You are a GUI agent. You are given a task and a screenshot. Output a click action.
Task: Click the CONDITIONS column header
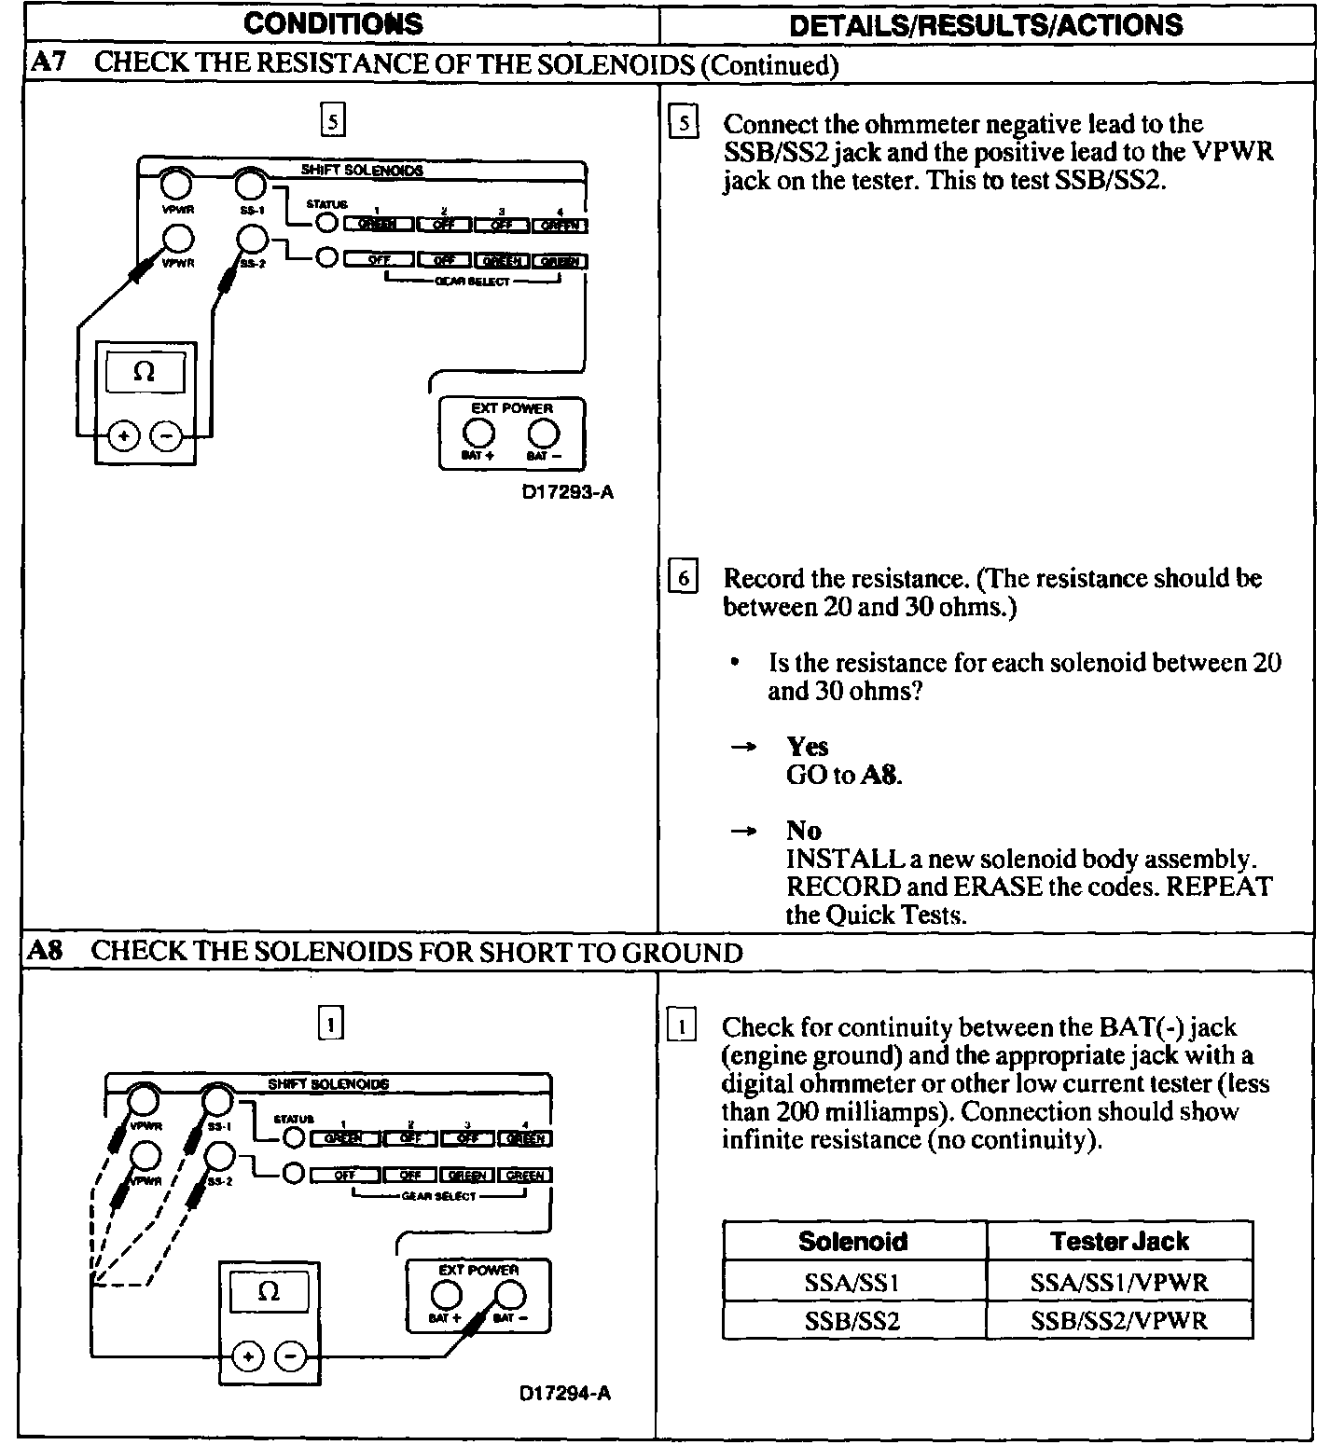point(333,23)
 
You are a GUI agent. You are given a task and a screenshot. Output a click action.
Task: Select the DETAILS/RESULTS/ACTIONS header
point(986,24)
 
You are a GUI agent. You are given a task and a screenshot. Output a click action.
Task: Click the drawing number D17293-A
point(567,492)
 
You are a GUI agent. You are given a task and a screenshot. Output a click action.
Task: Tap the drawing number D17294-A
point(565,1394)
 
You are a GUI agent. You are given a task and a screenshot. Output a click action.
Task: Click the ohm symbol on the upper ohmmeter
point(144,372)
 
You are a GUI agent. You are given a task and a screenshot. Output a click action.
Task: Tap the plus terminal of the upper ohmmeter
point(123,435)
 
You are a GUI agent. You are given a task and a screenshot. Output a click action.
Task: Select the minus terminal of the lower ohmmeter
point(292,1356)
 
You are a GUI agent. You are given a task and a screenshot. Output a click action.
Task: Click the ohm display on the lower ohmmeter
point(269,1292)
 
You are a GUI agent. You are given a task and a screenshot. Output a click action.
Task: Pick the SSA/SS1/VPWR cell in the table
point(1118,1282)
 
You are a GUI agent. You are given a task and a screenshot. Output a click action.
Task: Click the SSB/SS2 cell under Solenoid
point(853,1321)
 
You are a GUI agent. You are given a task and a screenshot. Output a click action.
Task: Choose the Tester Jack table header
point(1118,1241)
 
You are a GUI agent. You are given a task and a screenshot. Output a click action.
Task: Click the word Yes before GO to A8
point(807,746)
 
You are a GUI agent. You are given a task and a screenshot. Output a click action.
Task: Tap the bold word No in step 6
point(803,830)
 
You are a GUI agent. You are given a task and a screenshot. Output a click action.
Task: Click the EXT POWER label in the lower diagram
point(478,1270)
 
